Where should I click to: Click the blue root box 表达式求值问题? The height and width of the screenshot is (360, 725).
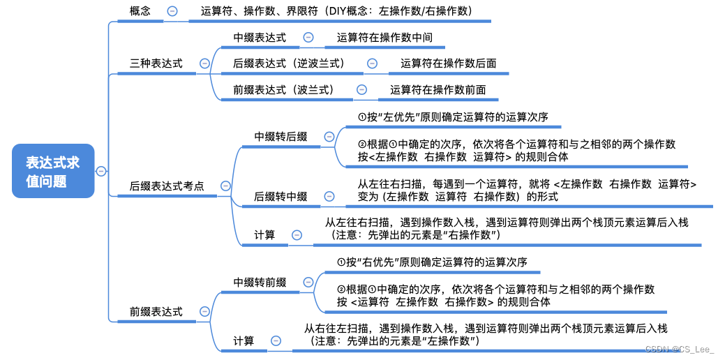pos(52,171)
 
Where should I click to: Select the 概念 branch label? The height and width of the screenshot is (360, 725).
pos(140,11)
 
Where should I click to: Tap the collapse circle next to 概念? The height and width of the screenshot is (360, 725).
pos(172,11)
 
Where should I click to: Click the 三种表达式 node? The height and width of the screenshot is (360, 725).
pos(156,63)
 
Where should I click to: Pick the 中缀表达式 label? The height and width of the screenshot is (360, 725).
pos(259,38)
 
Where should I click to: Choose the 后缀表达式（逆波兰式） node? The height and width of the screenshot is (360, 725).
pos(289,63)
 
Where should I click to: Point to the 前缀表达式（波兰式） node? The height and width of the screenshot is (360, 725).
pos(283,89)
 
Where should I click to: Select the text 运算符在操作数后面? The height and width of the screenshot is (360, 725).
pos(448,63)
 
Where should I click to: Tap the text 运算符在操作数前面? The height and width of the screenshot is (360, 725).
pos(438,89)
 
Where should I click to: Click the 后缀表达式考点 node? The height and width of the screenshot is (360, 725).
pos(167,186)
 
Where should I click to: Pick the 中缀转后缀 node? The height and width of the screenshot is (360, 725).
pos(281,137)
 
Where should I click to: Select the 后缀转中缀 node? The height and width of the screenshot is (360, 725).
pos(281,197)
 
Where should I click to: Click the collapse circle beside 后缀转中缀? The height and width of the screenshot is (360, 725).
pos(320,197)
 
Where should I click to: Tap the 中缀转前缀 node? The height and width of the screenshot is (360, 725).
pos(260,282)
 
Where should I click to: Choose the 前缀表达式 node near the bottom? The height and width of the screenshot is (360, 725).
pos(156,311)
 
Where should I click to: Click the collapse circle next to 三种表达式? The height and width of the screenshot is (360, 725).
pos(204,63)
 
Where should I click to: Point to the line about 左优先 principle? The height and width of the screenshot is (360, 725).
pos(452,117)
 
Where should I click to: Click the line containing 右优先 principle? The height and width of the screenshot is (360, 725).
pos(431,262)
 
